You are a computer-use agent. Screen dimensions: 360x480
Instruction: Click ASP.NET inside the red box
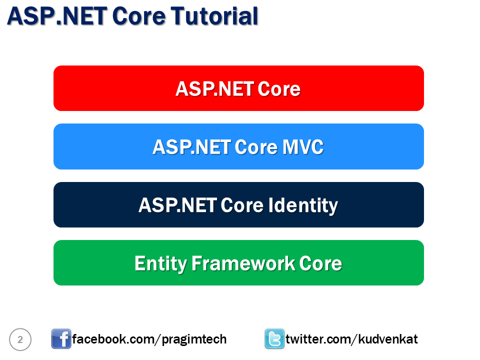(x=214, y=89)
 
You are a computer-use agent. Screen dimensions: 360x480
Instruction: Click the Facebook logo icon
(x=61, y=339)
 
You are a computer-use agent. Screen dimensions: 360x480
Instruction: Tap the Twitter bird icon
(x=274, y=339)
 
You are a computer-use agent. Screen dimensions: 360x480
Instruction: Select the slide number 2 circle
(x=20, y=339)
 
